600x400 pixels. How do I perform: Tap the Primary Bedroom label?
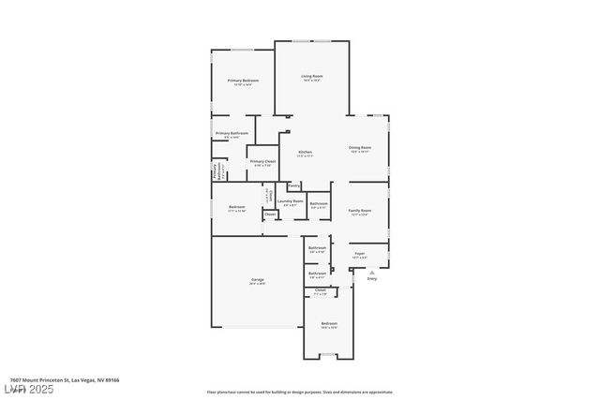[243, 81]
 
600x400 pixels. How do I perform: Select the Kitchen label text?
[305, 152]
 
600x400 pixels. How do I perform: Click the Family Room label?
[360, 211]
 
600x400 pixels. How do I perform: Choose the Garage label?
[257, 280]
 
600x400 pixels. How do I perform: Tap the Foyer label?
[359, 253]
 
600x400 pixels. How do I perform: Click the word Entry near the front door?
[371, 279]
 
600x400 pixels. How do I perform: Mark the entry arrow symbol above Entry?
[371, 273]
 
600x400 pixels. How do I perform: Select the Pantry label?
[293, 185]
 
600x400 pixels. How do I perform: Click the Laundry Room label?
[290, 200]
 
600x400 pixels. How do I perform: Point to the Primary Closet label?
[262, 161]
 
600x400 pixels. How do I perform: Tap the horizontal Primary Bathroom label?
[232, 133]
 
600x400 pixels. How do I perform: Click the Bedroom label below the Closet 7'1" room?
[328, 323]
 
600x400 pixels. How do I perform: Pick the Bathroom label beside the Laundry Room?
[319, 203]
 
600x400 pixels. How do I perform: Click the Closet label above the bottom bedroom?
[320, 290]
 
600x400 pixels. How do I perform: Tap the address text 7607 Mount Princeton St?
[60, 380]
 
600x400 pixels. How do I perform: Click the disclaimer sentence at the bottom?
[299, 393]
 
